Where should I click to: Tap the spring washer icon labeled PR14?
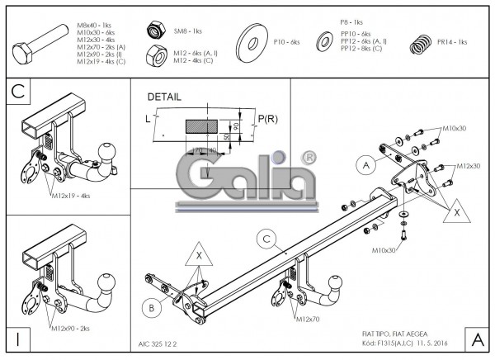[x=422, y=42]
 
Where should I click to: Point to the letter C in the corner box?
[x=18, y=92]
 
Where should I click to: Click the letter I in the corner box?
[x=18, y=339]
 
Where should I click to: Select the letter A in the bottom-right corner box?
[x=476, y=339]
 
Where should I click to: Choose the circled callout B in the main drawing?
[x=153, y=309]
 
